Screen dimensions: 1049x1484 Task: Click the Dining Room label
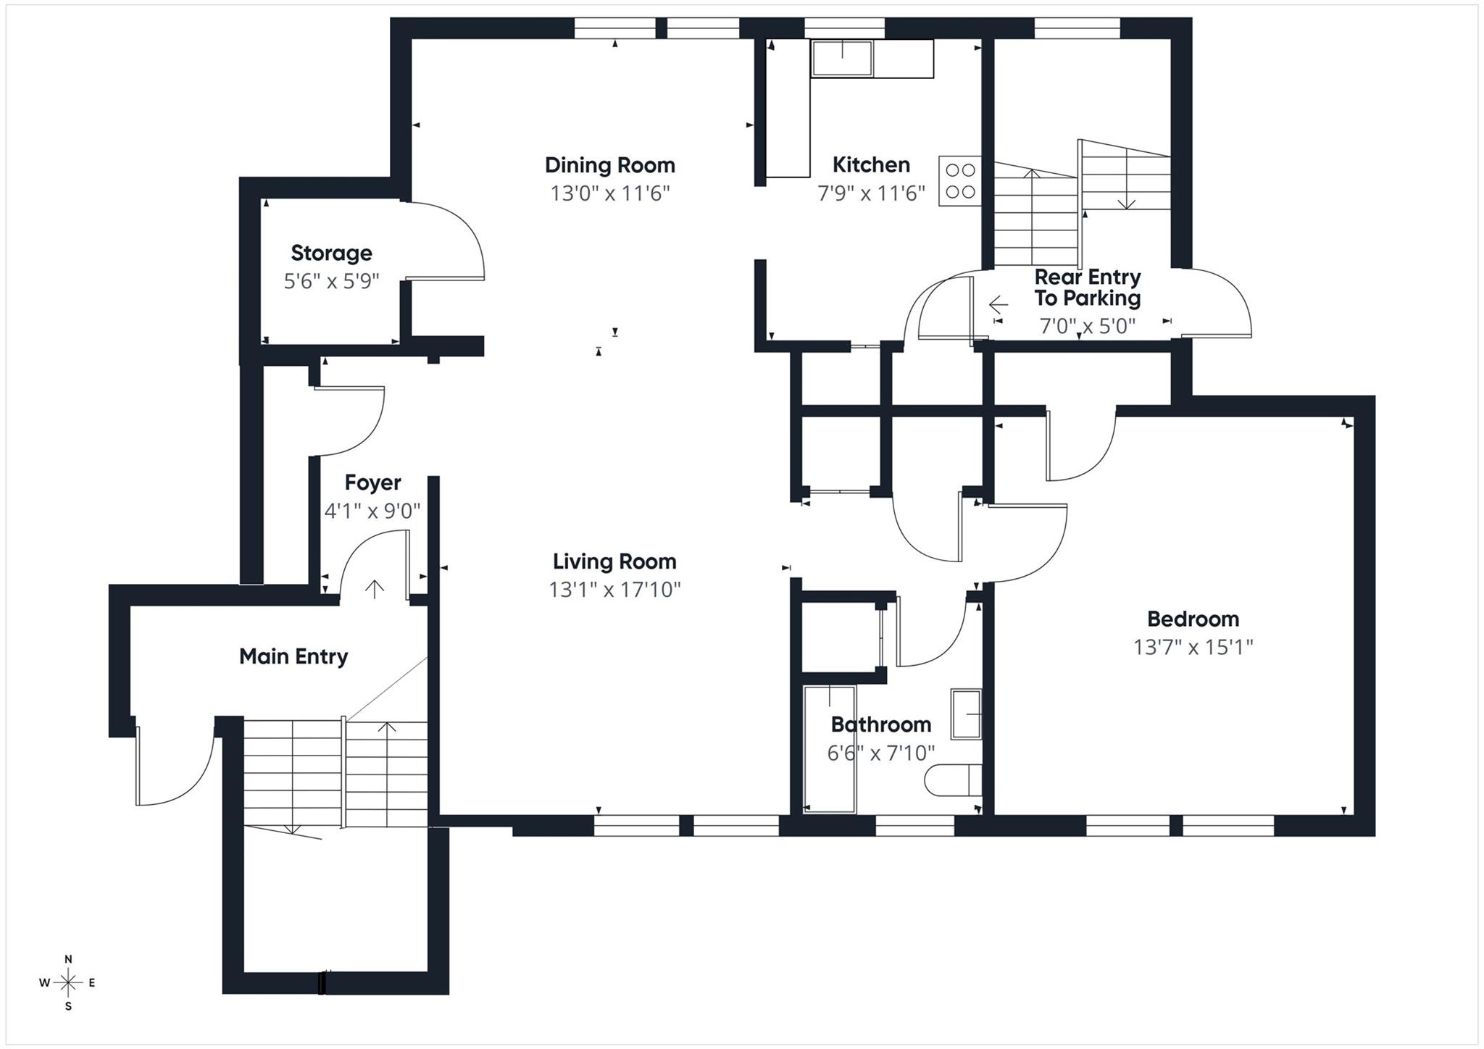[609, 165]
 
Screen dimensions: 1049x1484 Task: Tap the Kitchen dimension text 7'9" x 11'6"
[871, 193]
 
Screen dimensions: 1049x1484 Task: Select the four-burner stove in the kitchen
[960, 181]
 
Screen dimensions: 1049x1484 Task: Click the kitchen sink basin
[841, 58]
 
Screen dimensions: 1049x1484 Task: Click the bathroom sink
[966, 714]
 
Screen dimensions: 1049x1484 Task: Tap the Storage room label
[331, 253]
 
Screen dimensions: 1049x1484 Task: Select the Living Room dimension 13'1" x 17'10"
[614, 590]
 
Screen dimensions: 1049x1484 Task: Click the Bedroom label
[1193, 619]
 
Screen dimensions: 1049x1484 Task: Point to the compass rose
[68, 983]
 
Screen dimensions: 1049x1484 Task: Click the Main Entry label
[293, 656]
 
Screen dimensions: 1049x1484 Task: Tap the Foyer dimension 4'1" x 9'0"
[372, 511]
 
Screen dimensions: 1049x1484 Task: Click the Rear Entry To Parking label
[1087, 288]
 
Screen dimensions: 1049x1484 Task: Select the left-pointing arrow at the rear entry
[999, 304]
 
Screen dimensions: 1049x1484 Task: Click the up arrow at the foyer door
[374, 588]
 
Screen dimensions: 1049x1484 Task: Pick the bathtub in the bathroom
[830, 748]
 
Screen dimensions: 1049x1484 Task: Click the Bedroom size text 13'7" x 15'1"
[1193, 647]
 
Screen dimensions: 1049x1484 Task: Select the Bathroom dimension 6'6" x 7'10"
[880, 753]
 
